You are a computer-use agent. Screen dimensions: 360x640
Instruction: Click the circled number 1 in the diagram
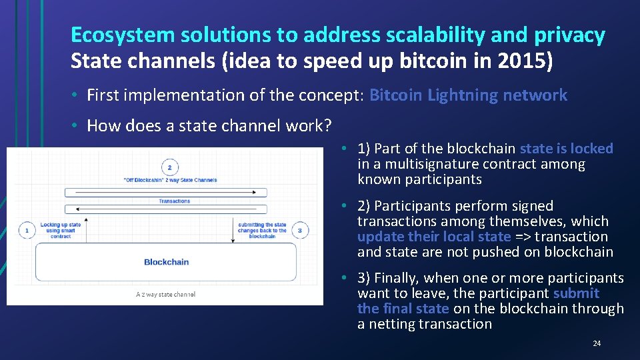(x=26, y=230)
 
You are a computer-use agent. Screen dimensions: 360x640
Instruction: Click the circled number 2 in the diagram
(x=169, y=167)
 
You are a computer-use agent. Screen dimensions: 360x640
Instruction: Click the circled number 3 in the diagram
(x=299, y=230)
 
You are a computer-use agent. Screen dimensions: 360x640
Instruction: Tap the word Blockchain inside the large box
(x=166, y=262)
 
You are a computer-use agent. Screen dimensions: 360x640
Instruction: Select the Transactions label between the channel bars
(x=174, y=201)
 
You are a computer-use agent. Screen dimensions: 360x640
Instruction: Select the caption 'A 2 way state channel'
(x=165, y=294)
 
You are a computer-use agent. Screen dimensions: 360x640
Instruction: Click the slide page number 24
(x=596, y=343)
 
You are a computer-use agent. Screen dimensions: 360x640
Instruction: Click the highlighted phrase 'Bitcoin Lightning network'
(x=468, y=95)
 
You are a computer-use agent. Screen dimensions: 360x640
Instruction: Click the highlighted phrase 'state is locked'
(x=566, y=149)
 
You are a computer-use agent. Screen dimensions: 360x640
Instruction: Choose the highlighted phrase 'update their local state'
(x=434, y=237)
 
